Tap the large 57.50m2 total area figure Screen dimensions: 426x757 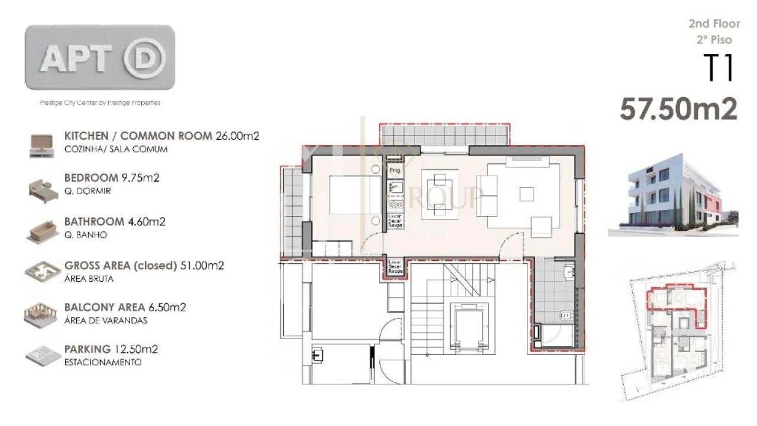(x=678, y=109)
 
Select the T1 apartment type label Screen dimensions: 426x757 (x=719, y=67)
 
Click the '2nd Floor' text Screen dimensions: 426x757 (x=714, y=24)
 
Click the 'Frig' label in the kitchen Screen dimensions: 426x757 (x=394, y=170)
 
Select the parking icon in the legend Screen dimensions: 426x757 (x=41, y=356)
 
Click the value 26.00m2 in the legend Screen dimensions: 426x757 (x=237, y=135)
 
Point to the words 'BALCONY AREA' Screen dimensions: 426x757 (x=104, y=307)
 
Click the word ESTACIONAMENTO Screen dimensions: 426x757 (x=102, y=362)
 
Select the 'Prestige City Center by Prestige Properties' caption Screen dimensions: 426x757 (x=99, y=103)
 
